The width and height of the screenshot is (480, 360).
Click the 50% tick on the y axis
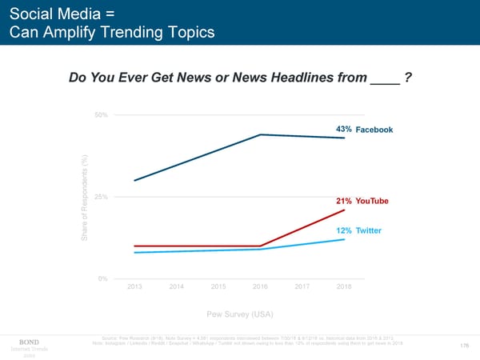(101, 115)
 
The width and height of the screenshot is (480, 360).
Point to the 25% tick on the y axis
(101, 197)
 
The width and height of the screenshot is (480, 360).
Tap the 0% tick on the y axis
(102, 278)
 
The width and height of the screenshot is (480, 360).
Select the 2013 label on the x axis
(135, 286)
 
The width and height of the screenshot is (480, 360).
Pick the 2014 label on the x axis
(177, 286)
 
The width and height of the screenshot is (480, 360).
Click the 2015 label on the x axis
(218, 286)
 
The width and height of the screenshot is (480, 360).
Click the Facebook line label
(374, 130)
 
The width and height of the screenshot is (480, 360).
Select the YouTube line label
(372, 201)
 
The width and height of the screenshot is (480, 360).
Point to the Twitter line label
(369, 231)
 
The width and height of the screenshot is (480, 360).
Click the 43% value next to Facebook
(344, 130)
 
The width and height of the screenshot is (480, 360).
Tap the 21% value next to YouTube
(343, 201)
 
